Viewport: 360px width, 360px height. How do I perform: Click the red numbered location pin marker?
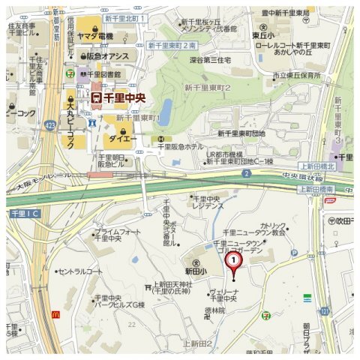click(234, 262)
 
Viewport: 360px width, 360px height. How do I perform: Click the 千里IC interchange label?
click(24, 214)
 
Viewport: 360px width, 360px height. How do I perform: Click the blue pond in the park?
click(166, 108)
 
